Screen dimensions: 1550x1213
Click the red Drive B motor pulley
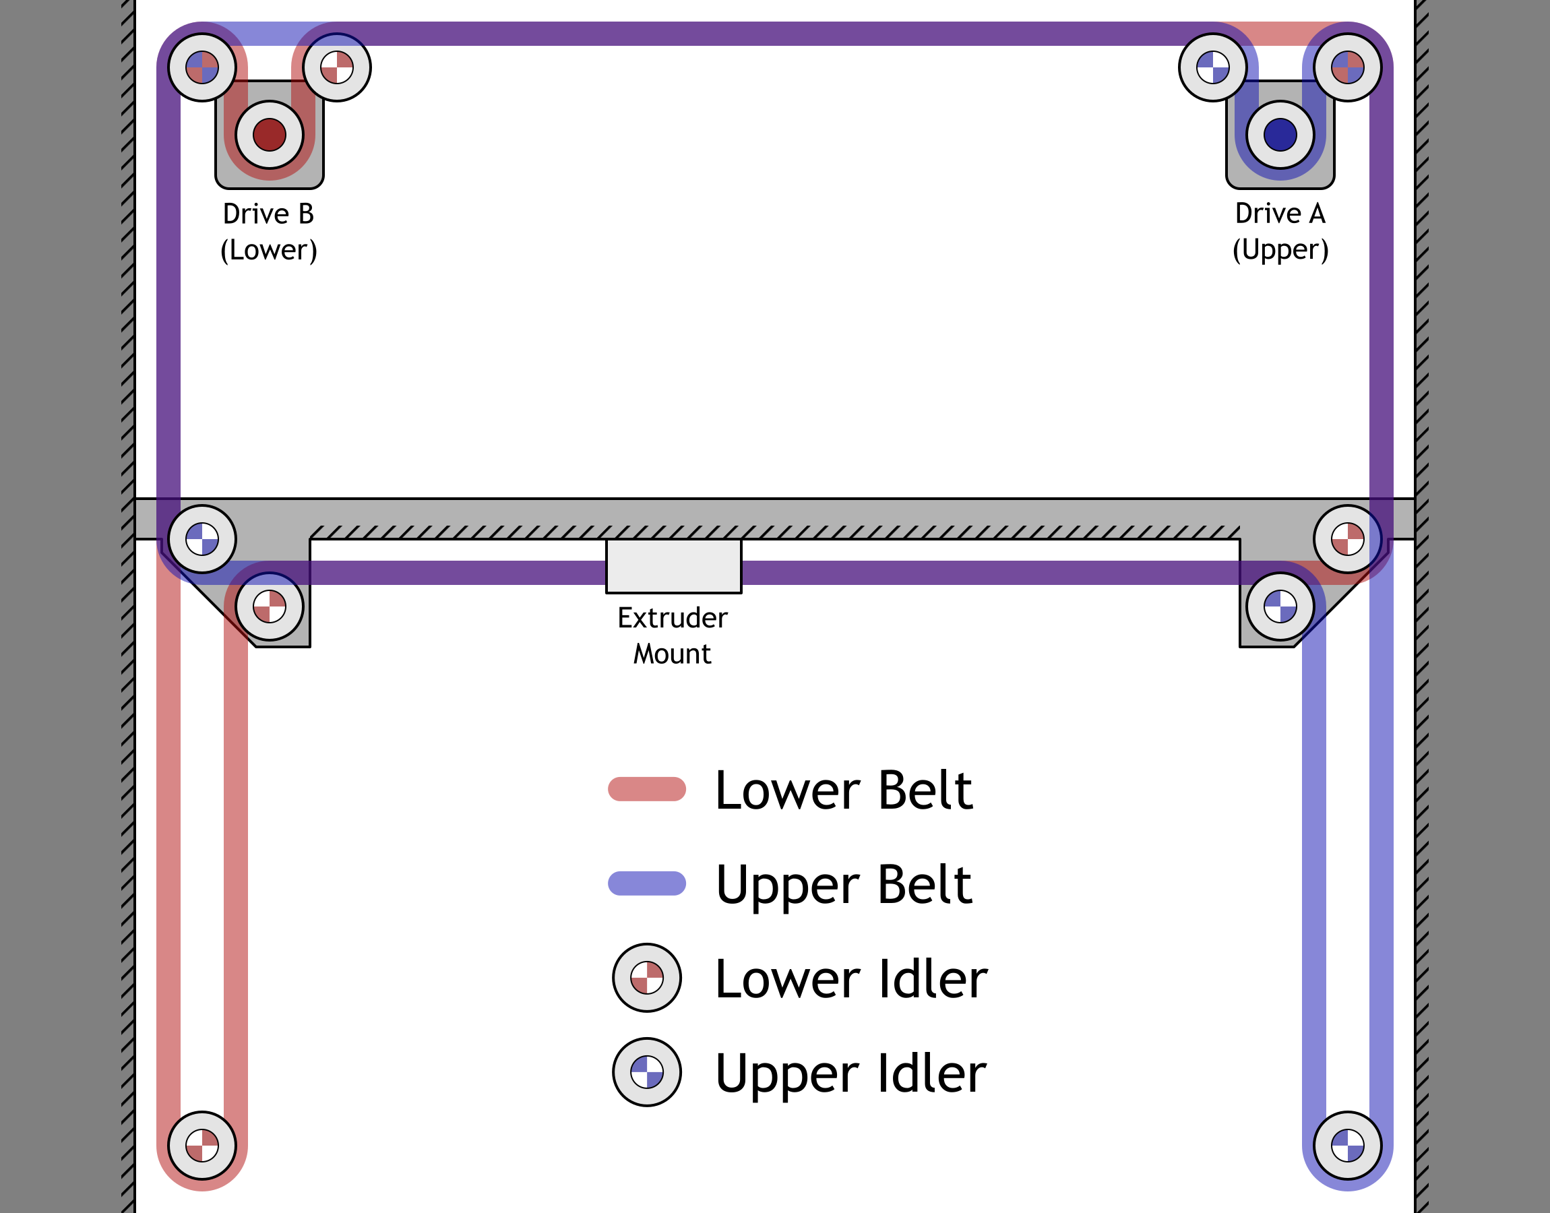coord(269,135)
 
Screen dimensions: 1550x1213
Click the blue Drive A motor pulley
coord(1280,135)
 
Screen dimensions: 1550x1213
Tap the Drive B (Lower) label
coord(268,232)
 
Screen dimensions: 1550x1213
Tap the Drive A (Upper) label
coord(1280,232)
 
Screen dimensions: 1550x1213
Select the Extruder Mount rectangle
coord(673,566)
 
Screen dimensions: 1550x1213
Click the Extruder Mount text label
coord(673,635)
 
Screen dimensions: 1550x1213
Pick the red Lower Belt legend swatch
coord(647,789)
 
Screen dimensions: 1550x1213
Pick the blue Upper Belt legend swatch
coord(647,883)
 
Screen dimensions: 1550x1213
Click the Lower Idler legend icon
coord(647,978)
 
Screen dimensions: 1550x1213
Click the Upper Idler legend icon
coord(647,1072)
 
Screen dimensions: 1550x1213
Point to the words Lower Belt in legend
coord(844,790)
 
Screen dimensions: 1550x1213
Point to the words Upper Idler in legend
coord(850,1073)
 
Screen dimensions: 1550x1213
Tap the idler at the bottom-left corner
coord(202,1146)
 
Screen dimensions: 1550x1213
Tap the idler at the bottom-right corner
coord(1348,1146)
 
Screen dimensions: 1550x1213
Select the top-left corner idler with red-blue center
coord(202,67)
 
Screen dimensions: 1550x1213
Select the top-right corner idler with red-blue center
coord(1348,67)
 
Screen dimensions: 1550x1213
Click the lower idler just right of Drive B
coord(336,67)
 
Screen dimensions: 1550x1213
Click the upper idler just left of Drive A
coord(1213,67)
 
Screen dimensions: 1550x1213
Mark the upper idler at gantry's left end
coord(202,540)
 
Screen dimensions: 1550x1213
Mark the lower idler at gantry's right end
coord(1348,540)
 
